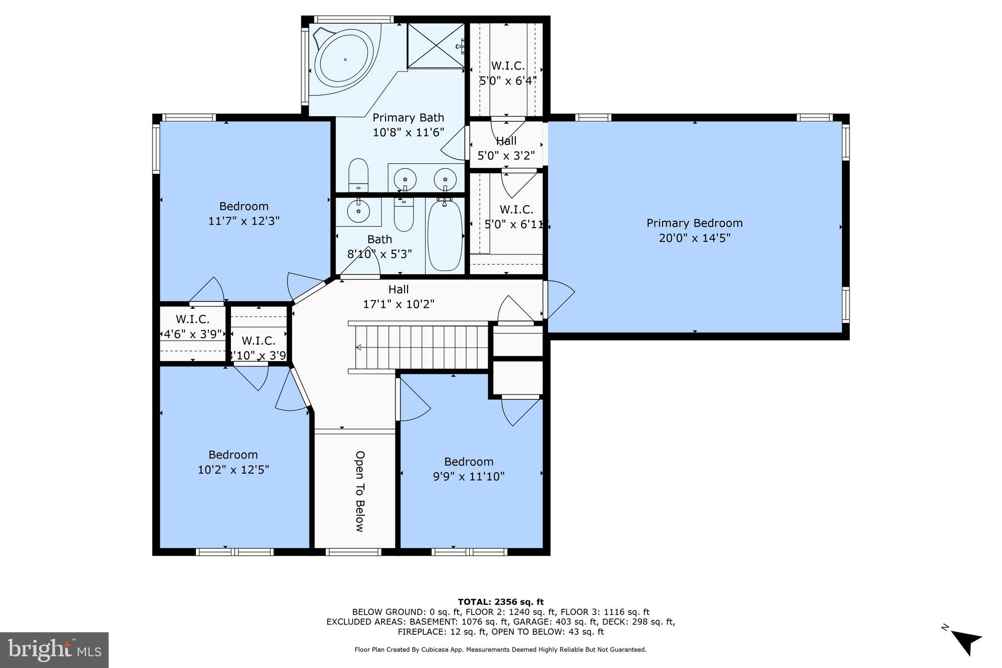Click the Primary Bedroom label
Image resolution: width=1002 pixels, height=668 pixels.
(x=694, y=223)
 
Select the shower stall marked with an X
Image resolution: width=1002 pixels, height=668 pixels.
(x=435, y=46)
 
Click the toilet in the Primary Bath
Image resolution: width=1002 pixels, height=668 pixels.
(x=358, y=175)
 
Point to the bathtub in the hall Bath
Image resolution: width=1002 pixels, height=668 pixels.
(x=444, y=235)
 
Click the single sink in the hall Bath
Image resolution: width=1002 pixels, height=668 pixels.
(x=359, y=211)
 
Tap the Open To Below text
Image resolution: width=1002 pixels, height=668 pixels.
(x=360, y=491)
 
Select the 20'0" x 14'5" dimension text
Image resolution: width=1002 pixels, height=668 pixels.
(x=694, y=238)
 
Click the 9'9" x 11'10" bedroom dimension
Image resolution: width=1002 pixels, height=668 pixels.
(x=468, y=477)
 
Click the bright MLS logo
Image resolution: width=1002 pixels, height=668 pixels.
(x=54, y=650)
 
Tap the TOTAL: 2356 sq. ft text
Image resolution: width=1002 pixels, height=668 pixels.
(x=501, y=602)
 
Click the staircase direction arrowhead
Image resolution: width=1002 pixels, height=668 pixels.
(x=358, y=347)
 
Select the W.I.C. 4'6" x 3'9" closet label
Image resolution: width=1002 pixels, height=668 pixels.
(x=192, y=327)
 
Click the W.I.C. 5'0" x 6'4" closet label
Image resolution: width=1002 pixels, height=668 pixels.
(x=508, y=73)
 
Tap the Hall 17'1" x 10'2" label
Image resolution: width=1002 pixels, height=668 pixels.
(x=398, y=297)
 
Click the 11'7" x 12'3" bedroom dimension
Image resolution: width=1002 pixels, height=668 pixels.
(x=244, y=221)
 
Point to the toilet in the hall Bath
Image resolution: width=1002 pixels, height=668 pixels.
(x=404, y=215)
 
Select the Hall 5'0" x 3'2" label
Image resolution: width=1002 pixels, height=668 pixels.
(x=506, y=148)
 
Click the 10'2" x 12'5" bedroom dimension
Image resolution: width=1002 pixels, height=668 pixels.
(x=233, y=470)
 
